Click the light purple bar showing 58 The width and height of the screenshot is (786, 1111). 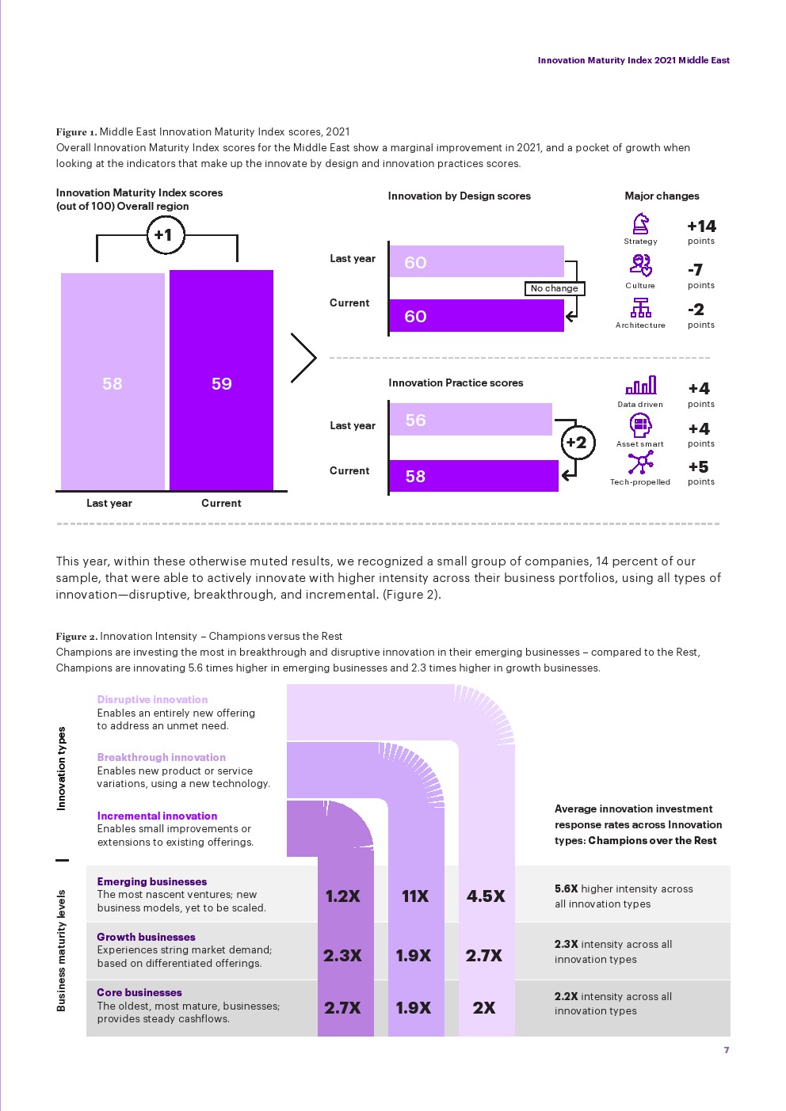[x=113, y=382]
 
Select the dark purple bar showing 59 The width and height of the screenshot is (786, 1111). [x=221, y=382]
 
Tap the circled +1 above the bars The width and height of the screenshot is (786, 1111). [x=166, y=235]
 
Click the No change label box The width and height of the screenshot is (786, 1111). [x=555, y=288]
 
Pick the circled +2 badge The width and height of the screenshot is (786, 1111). [x=577, y=443]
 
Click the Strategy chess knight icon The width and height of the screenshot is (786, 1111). [x=640, y=224]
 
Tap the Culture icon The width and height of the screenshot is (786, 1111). [x=640, y=265]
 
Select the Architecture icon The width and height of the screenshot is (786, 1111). [x=640, y=307]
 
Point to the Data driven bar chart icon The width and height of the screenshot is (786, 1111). [x=640, y=386]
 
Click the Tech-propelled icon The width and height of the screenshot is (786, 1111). [x=640, y=463]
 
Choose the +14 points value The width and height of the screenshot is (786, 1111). [x=701, y=226]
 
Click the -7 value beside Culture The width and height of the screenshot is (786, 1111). [x=696, y=270]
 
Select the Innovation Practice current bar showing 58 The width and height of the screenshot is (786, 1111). [x=474, y=476]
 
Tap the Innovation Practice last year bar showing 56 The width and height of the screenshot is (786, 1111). [x=471, y=420]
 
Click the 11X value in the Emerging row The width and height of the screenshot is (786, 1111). [x=415, y=896]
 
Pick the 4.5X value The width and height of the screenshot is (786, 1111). [x=486, y=896]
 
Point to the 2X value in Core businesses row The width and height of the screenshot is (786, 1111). [x=484, y=1008]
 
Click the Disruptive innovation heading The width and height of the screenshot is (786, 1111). [x=152, y=699]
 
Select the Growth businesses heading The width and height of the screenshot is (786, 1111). [x=146, y=937]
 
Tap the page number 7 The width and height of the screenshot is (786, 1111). [x=727, y=1050]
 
